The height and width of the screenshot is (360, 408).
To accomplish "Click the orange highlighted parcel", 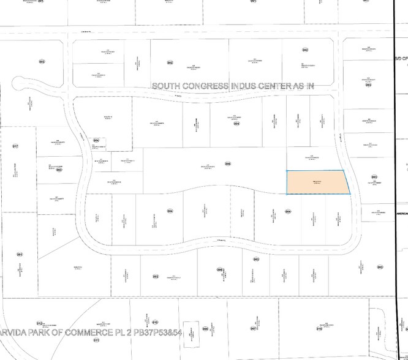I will click(317, 182).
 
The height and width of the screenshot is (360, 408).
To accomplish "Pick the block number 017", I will click(15, 146).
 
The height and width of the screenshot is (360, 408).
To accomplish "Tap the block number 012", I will click(40, 323).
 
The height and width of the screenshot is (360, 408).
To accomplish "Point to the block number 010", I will click(155, 322).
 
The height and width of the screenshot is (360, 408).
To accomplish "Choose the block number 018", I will click(319, 329).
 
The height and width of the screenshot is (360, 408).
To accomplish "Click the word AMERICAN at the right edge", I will click(401, 213).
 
